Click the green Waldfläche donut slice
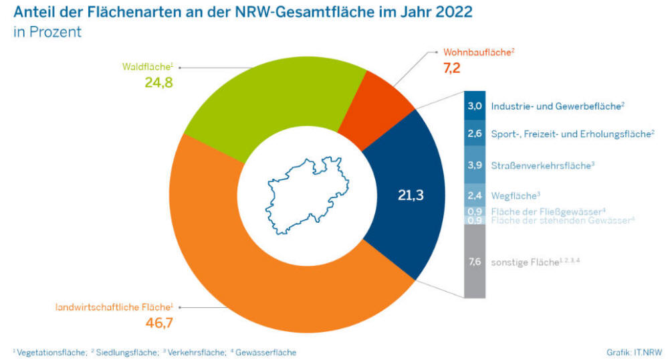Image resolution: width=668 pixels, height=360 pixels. click(x=267, y=100)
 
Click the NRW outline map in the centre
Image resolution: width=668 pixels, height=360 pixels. click(x=307, y=194)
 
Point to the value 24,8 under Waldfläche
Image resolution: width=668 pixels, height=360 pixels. click(x=160, y=82)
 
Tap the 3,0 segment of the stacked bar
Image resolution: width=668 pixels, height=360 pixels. click(x=475, y=106)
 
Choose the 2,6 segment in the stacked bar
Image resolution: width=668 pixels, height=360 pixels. click(x=475, y=134)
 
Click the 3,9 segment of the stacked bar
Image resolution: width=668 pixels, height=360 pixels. click(x=475, y=165)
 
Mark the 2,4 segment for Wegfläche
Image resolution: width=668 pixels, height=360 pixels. click(x=475, y=195)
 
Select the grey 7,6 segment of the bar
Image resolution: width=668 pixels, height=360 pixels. click(x=475, y=262)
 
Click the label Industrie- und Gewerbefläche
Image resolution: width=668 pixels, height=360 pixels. click(x=557, y=106)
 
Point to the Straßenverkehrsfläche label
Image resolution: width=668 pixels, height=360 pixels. click(x=542, y=165)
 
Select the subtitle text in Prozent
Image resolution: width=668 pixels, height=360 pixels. click(x=47, y=32)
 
